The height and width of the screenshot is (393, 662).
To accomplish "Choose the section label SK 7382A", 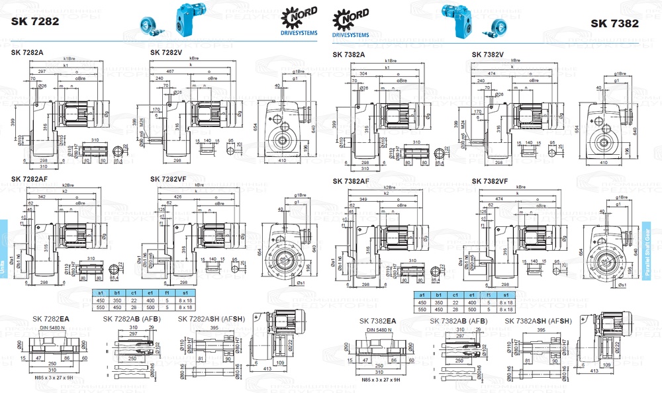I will [x=352, y=54].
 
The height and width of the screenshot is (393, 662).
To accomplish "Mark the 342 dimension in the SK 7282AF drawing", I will [x=42, y=198].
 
